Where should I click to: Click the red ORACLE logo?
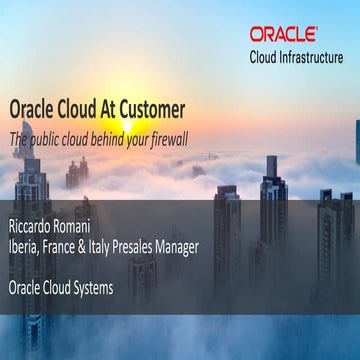coord(284,34)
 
